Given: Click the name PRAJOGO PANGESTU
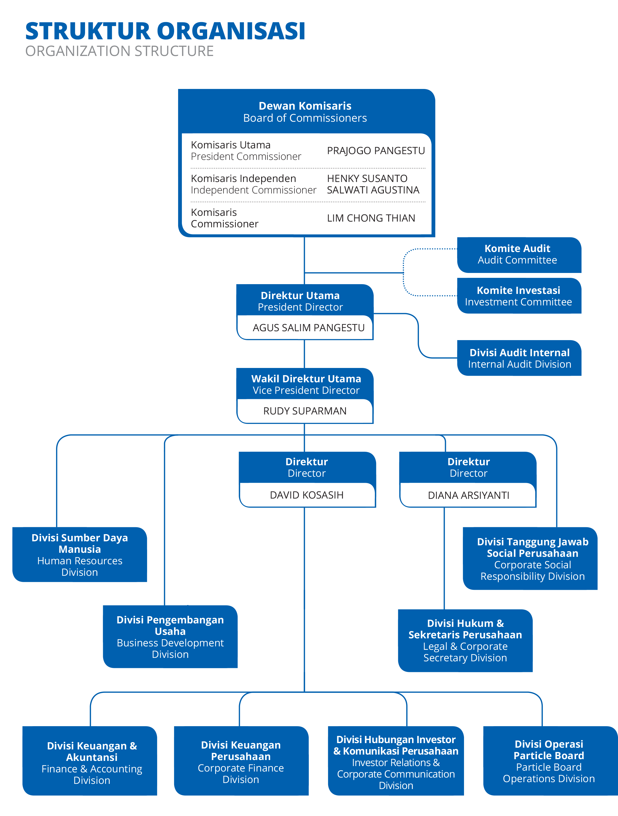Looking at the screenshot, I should point(376,150).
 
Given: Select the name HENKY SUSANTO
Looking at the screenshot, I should point(367,179).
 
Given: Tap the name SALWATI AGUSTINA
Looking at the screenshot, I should point(373,190).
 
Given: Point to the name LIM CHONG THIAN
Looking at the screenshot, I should point(371,218).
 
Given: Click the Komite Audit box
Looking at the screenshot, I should point(518,255).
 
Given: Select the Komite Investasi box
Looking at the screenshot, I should point(518,296).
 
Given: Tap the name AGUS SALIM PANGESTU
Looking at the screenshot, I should point(308,327).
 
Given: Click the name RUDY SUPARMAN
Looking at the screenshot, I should point(305,411).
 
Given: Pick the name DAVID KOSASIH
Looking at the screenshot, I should point(307,495).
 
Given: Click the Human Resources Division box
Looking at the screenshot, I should point(80,555).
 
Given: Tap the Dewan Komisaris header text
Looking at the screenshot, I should point(305,106).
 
